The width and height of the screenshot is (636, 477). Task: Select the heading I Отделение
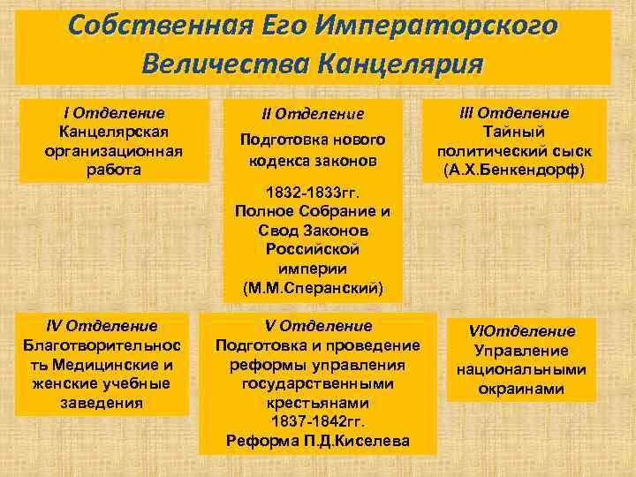(114, 113)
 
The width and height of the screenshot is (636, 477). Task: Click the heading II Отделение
(314, 114)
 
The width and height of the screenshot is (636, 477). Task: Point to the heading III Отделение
(516, 113)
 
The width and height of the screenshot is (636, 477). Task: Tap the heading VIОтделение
(521, 331)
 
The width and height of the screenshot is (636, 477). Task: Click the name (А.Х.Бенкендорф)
(516, 169)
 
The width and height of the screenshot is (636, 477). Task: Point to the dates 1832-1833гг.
(313, 192)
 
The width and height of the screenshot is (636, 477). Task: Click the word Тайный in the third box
(516, 132)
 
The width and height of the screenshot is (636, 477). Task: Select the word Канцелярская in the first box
(114, 132)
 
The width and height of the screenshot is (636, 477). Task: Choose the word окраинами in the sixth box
(521, 390)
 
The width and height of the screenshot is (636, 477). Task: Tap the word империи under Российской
(313, 269)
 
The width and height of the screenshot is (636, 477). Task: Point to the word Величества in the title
(231, 64)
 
